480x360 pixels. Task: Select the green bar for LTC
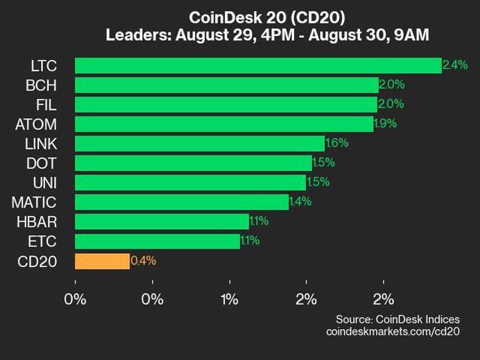click(x=258, y=65)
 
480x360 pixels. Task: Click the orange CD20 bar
click(x=102, y=261)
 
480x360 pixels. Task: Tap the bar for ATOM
click(x=224, y=124)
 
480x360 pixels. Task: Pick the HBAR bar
click(x=161, y=221)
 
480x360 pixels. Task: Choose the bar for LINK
click(x=199, y=143)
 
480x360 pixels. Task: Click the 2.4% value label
click(x=455, y=65)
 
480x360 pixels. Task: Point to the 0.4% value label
click(x=143, y=261)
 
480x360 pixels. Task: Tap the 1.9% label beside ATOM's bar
click(x=385, y=124)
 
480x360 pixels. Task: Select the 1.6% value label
click(x=336, y=143)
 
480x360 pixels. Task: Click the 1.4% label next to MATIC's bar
click(x=300, y=202)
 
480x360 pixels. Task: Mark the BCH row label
click(x=41, y=85)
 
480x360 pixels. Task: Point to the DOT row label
click(x=42, y=163)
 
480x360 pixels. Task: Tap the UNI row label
click(x=44, y=182)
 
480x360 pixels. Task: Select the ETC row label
click(x=43, y=241)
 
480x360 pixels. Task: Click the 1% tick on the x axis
click(x=230, y=299)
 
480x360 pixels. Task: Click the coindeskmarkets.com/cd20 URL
click(x=393, y=331)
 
